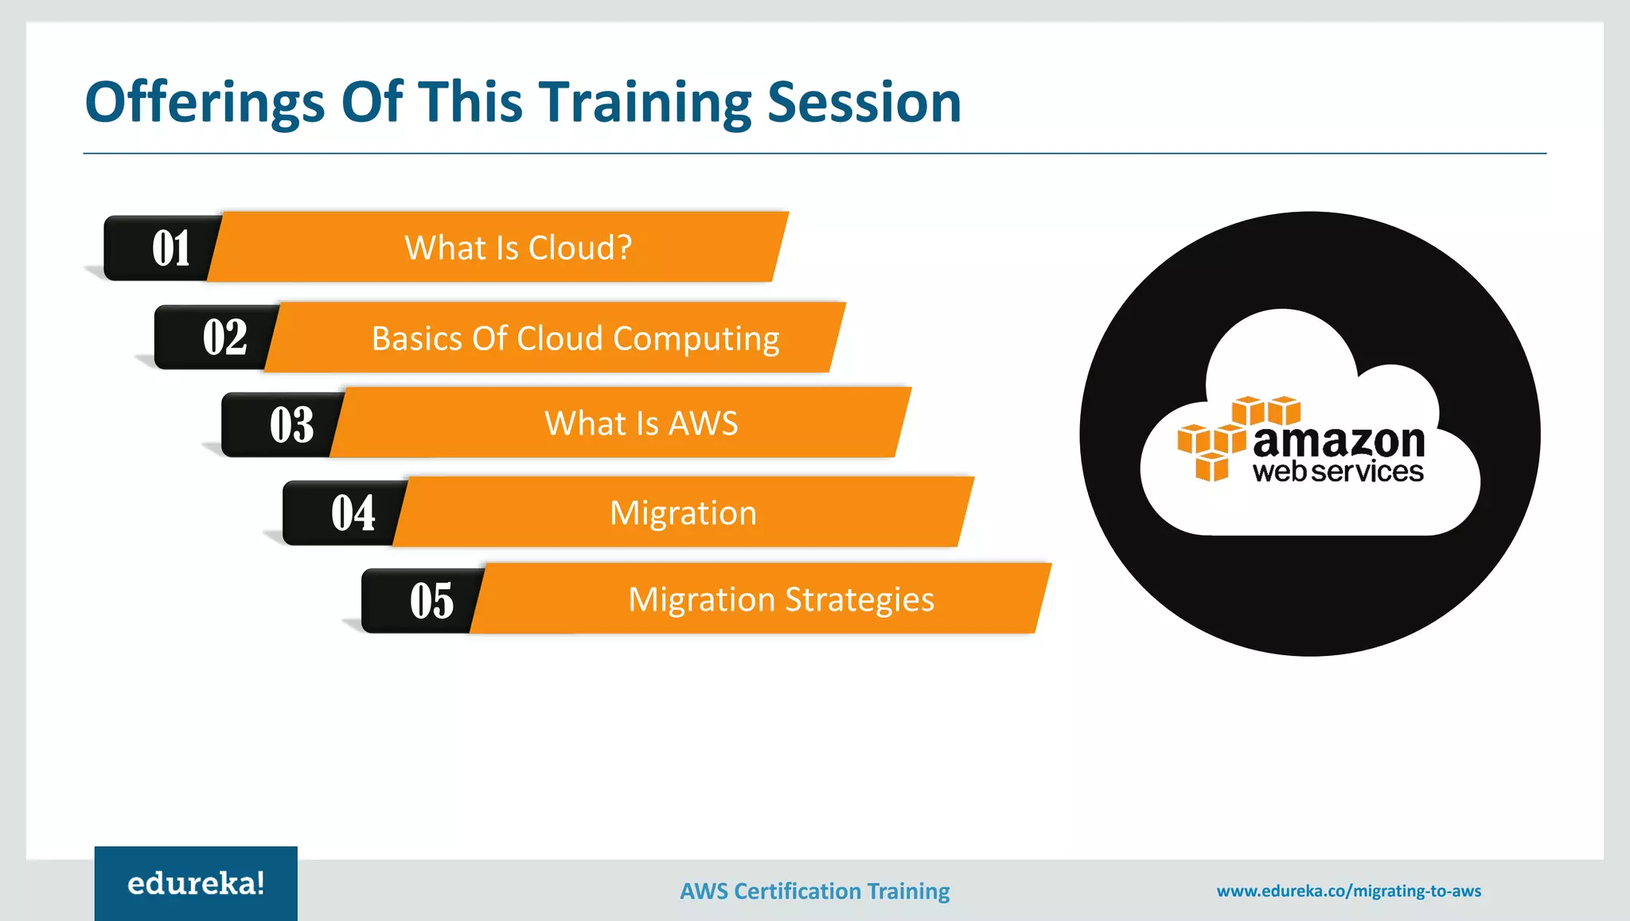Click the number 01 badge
(x=170, y=248)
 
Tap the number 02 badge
(x=224, y=338)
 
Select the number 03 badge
(x=291, y=425)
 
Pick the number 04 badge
(x=353, y=513)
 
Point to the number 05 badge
(x=431, y=601)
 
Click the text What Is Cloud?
(x=518, y=248)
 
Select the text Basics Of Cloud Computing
(x=575, y=339)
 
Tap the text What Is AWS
(x=641, y=423)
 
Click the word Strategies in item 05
(x=860, y=600)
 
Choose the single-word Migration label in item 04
(x=683, y=513)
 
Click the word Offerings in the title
(x=205, y=103)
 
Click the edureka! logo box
(x=196, y=884)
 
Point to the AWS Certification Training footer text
(x=814, y=891)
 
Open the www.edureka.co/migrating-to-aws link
(x=1348, y=891)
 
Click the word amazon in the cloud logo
(x=1338, y=441)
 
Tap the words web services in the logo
(x=1337, y=472)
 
